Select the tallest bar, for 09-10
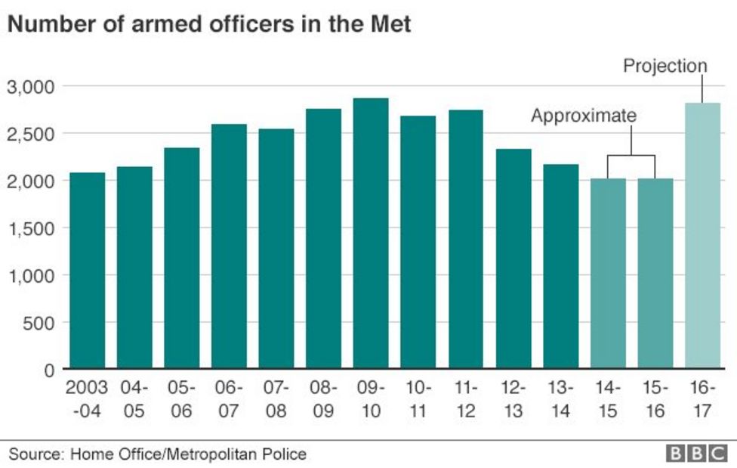click(371, 234)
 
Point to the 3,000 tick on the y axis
click(31, 87)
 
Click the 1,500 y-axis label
click(31, 228)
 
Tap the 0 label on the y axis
click(49, 370)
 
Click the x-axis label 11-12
click(466, 400)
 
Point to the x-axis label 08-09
click(324, 400)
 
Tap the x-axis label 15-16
click(655, 400)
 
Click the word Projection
click(665, 67)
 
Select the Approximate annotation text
click(584, 116)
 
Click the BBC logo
click(695, 453)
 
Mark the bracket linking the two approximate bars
click(631, 156)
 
